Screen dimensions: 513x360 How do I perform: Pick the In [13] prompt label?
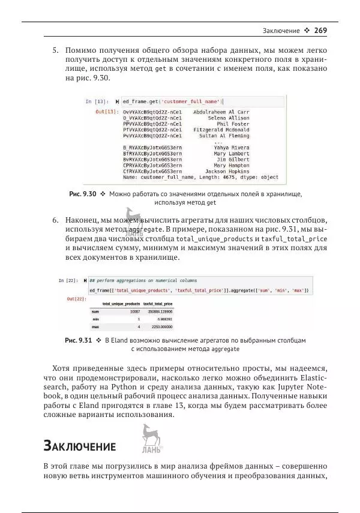(x=97, y=101)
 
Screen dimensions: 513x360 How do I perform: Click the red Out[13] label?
(x=106, y=112)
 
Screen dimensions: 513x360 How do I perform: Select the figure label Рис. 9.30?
(x=83, y=194)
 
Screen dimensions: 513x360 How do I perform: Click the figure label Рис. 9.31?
(x=78, y=341)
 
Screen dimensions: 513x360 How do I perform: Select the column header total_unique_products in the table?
(x=121, y=304)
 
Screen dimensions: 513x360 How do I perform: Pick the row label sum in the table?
(x=95, y=312)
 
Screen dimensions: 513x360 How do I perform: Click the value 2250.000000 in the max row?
(x=161, y=327)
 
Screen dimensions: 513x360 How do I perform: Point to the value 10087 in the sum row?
(x=134, y=312)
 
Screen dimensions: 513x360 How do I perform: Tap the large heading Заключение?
(x=79, y=446)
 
